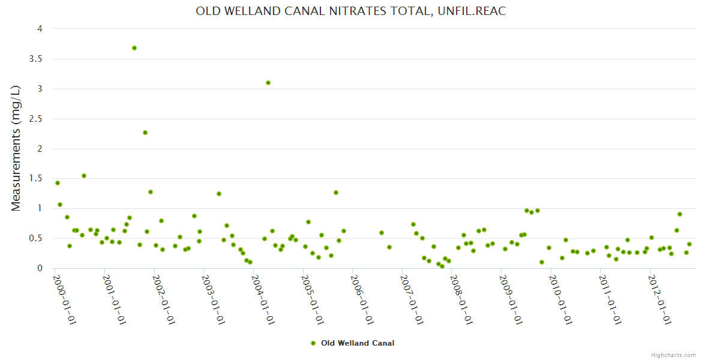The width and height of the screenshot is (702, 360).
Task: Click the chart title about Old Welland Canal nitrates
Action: tap(350, 11)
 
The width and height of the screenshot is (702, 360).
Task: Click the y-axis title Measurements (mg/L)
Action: tap(16, 148)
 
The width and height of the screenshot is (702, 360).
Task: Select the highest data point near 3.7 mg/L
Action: tap(134, 48)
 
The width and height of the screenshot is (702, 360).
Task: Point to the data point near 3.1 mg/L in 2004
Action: tap(268, 83)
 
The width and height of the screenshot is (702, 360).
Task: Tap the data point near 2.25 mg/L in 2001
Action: tap(145, 133)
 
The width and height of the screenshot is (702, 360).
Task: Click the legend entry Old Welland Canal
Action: tap(358, 343)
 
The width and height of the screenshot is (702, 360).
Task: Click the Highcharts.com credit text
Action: tap(673, 355)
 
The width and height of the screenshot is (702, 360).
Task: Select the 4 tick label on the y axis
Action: tap(39, 29)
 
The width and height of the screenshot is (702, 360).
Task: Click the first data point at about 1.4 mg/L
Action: tap(58, 183)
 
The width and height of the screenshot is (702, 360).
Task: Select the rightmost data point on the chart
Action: tap(689, 244)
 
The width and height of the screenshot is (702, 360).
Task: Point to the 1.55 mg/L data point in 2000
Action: tap(84, 176)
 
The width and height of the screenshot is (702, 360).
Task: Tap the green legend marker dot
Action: tap(313, 343)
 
